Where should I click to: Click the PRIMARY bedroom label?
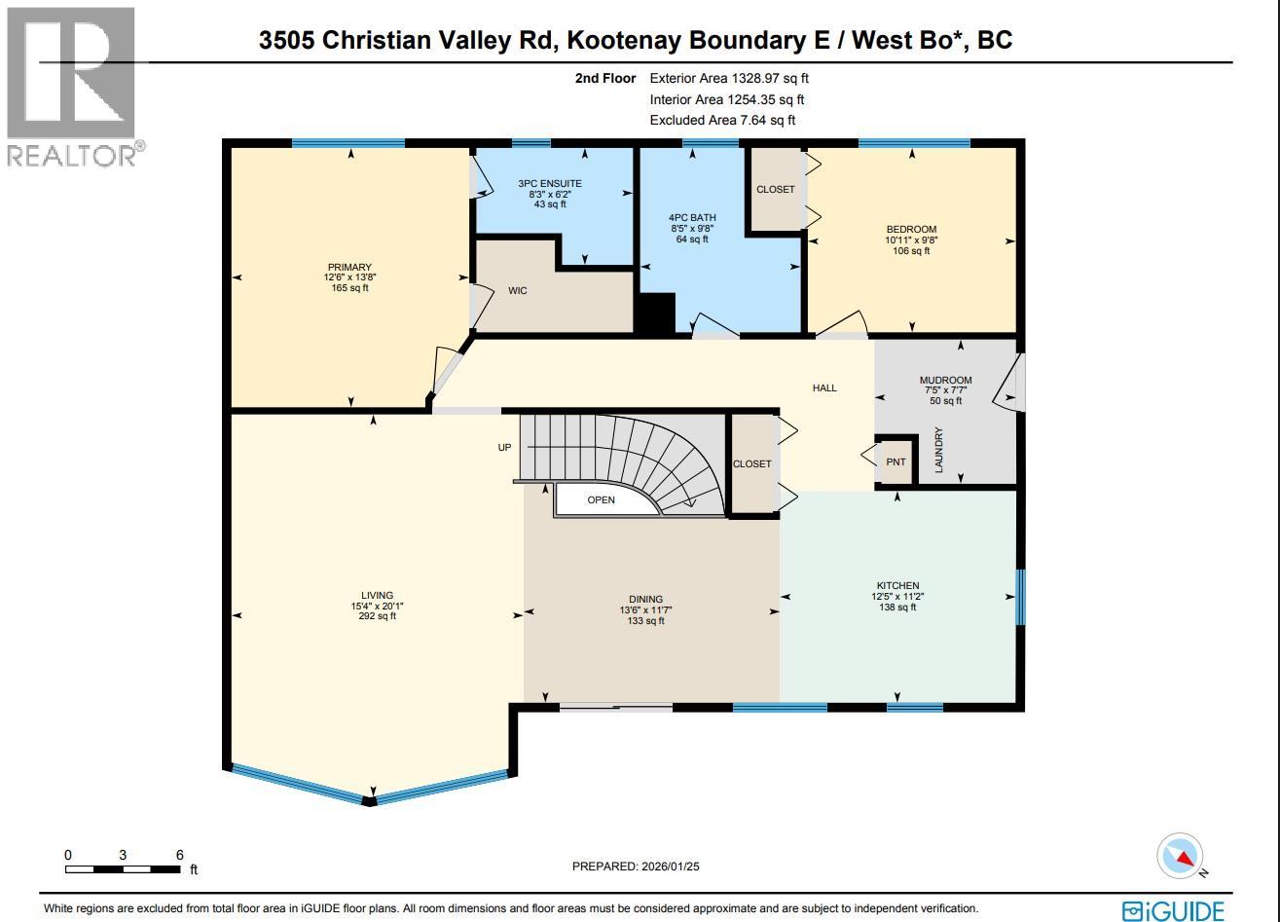(x=349, y=268)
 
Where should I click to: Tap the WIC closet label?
(x=518, y=291)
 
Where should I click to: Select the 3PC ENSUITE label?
(x=549, y=183)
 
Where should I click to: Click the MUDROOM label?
(x=945, y=381)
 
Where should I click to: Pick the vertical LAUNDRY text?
(x=939, y=450)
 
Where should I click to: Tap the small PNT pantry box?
(x=896, y=462)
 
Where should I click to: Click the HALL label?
(x=824, y=388)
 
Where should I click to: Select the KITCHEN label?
(x=897, y=586)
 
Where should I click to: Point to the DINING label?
(x=645, y=600)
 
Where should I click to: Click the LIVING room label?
(x=377, y=595)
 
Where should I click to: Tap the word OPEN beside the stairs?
(x=601, y=500)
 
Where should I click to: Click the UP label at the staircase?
(x=504, y=448)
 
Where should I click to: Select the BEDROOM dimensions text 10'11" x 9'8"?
(x=911, y=240)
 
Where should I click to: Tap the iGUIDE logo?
(x=1172, y=911)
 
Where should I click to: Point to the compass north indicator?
(x=1180, y=858)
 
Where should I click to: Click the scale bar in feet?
(x=124, y=868)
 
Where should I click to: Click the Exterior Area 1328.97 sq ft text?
(x=729, y=78)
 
